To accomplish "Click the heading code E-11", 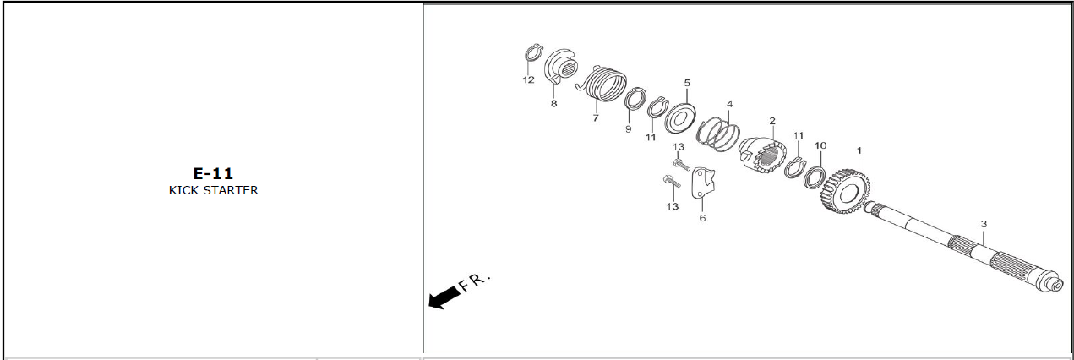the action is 213,173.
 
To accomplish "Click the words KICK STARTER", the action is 213,190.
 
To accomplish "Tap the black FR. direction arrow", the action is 444,297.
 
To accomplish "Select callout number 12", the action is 528,80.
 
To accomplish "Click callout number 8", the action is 553,104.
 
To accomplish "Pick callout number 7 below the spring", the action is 596,118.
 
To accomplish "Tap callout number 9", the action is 628,129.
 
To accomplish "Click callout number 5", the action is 687,83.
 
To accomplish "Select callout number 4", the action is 729,104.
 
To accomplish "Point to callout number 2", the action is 772,122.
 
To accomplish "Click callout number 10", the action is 820,145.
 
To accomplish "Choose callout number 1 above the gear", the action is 859,150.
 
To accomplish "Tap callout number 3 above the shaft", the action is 984,224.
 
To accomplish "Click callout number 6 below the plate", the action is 702,218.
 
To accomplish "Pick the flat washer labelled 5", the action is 679,118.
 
